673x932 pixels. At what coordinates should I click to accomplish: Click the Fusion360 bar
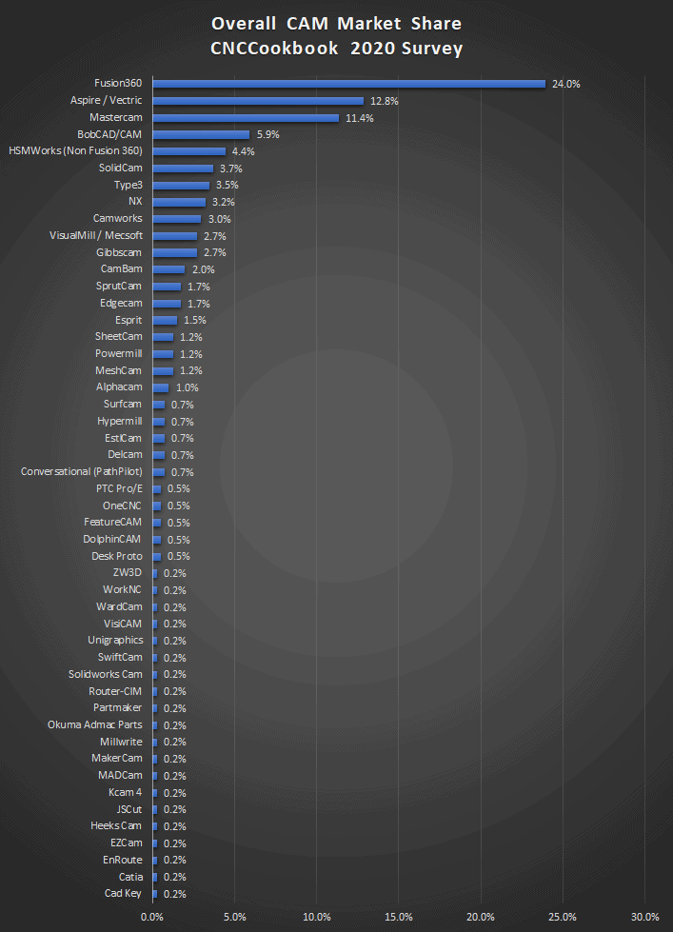pyautogui.click(x=348, y=84)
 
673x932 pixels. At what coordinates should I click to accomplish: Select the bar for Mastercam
pyautogui.click(x=246, y=118)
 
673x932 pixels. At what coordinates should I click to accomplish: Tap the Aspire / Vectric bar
pyautogui.click(x=258, y=101)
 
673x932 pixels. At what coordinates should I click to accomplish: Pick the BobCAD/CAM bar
pyautogui.click(x=201, y=134)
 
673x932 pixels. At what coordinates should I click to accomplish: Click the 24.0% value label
pyautogui.click(x=565, y=84)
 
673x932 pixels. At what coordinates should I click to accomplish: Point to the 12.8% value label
pyautogui.click(x=384, y=101)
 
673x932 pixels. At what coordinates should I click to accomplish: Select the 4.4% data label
pyautogui.click(x=243, y=151)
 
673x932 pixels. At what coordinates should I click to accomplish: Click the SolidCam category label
pyautogui.click(x=121, y=168)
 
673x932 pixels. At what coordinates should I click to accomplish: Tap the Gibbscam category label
pyautogui.click(x=120, y=252)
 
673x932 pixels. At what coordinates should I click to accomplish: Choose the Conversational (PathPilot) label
pyautogui.click(x=81, y=471)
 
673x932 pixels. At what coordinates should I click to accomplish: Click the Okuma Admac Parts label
pyautogui.click(x=95, y=724)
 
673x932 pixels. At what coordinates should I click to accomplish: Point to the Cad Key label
pyautogui.click(x=124, y=893)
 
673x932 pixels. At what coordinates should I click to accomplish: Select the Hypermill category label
pyautogui.click(x=120, y=421)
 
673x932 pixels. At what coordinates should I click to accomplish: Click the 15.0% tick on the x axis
pyautogui.click(x=399, y=917)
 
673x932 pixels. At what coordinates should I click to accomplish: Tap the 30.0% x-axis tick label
pyautogui.click(x=645, y=917)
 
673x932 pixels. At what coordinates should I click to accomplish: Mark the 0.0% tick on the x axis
pyautogui.click(x=152, y=917)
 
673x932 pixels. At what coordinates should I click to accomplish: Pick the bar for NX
pyautogui.click(x=179, y=202)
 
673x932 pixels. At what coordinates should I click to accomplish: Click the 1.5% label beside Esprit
pyautogui.click(x=194, y=320)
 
